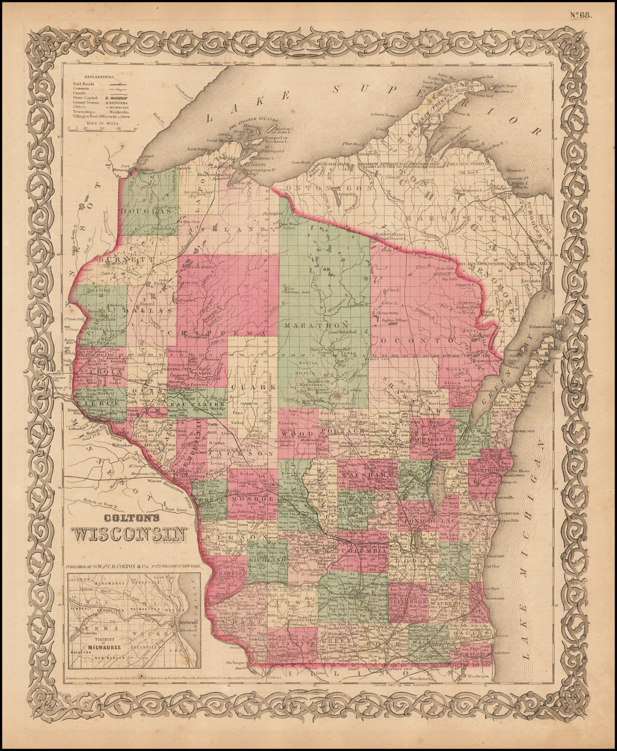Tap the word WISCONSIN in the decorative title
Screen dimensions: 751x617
coord(128,534)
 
